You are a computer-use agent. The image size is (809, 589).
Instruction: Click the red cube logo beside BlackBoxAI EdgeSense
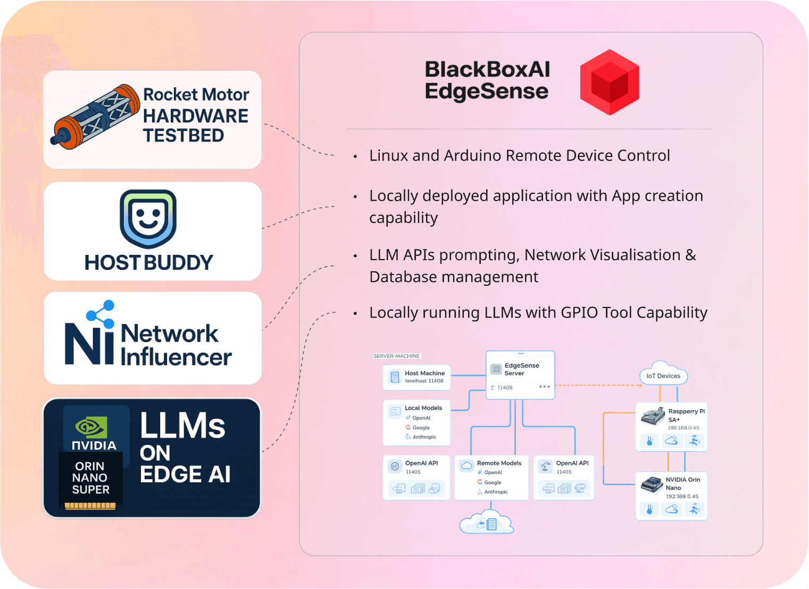pyautogui.click(x=610, y=82)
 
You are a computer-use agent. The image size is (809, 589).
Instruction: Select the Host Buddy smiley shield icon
pyautogui.click(x=148, y=219)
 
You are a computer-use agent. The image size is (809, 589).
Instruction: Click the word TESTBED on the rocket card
pyautogui.click(x=184, y=136)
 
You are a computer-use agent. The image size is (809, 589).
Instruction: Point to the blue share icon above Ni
pyautogui.click(x=101, y=314)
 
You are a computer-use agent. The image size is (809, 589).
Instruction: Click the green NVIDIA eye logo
pyautogui.click(x=91, y=427)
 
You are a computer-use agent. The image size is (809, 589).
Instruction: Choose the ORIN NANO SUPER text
pyautogui.click(x=90, y=478)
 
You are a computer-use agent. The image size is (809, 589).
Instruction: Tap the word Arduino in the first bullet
pyautogui.click(x=473, y=155)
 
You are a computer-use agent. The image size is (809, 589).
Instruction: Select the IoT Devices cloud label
pyautogui.click(x=663, y=376)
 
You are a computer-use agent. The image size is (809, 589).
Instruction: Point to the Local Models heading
pyautogui.click(x=423, y=408)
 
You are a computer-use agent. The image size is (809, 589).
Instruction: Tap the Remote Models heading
pyautogui.click(x=499, y=463)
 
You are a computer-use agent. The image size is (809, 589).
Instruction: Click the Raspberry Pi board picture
pyautogui.click(x=653, y=416)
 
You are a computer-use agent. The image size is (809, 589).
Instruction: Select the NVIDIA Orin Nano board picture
pyautogui.click(x=652, y=484)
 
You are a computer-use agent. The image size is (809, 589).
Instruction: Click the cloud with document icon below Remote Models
pyautogui.click(x=487, y=522)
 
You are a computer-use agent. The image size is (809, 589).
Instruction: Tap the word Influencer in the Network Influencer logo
pyautogui.click(x=176, y=358)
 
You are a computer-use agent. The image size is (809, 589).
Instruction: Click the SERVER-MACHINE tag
pyautogui.click(x=396, y=356)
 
